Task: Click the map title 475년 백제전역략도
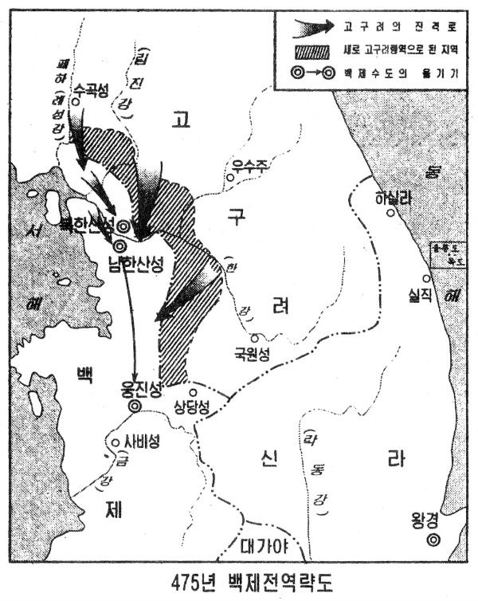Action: [x=239, y=580]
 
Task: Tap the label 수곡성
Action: [x=89, y=91]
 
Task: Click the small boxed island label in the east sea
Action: [x=443, y=253]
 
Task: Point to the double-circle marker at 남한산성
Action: [x=119, y=247]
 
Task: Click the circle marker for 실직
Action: [x=427, y=278]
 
